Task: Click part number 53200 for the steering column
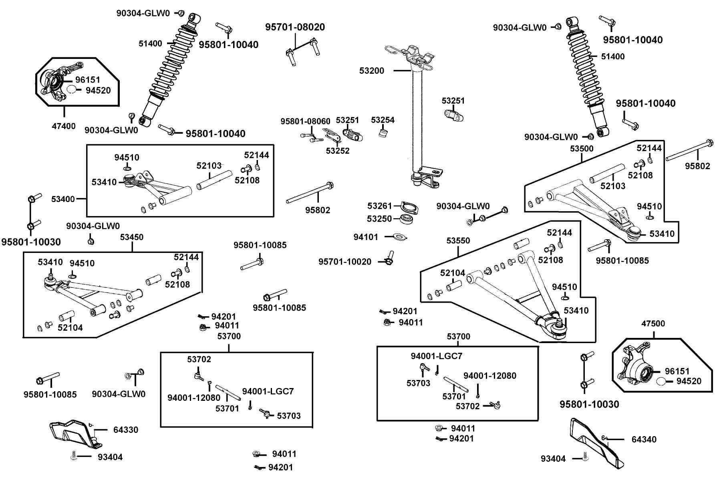372,71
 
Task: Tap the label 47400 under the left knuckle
64,126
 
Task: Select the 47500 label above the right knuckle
653,323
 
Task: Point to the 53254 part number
383,120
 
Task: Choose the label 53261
380,206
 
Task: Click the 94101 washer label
366,237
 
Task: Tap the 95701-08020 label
295,27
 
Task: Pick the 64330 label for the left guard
126,430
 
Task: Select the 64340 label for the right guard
644,440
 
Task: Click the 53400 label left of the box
63,199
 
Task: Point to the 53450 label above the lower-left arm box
131,237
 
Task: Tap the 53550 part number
458,241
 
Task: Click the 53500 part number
582,149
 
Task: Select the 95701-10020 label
345,262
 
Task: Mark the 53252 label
338,151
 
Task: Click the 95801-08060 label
305,121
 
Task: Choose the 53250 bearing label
380,219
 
